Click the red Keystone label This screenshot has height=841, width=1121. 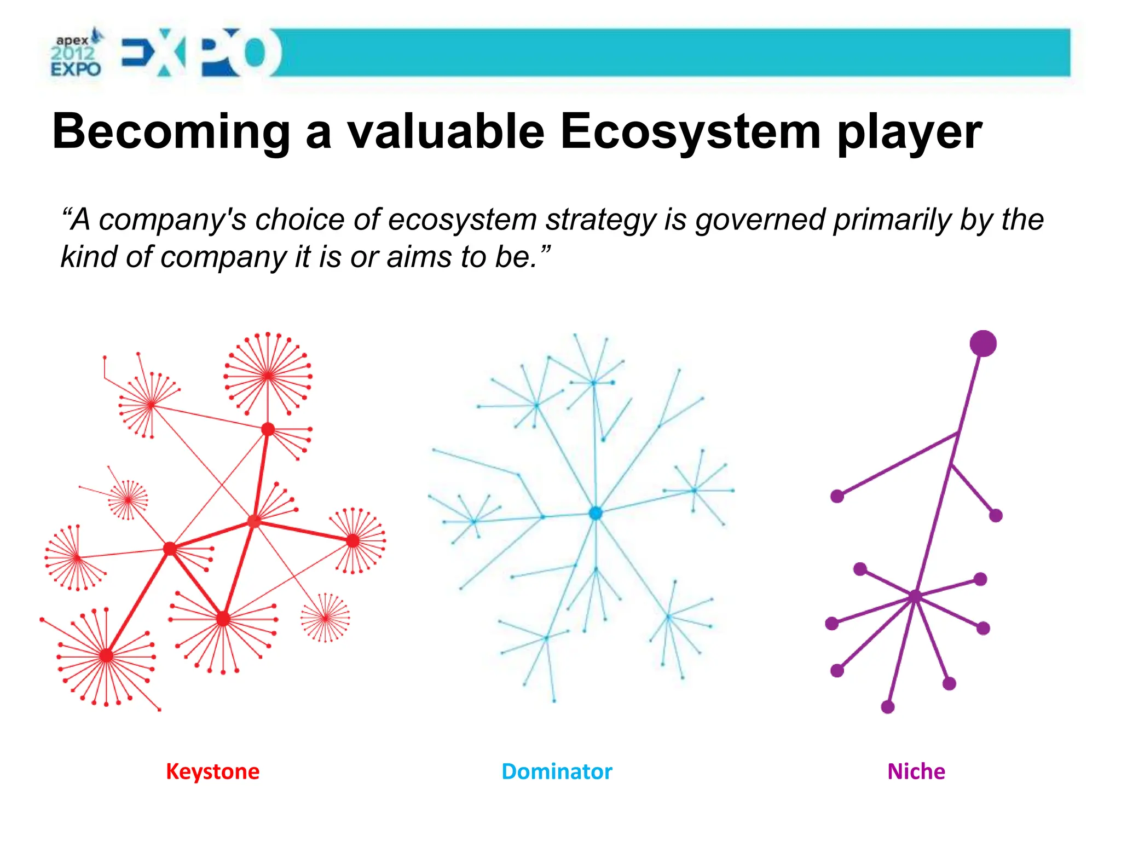tap(212, 771)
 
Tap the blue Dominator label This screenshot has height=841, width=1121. tap(557, 771)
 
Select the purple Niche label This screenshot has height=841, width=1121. tap(916, 771)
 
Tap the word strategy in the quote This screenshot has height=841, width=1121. tap(601, 220)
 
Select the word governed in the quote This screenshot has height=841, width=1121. tap(760, 220)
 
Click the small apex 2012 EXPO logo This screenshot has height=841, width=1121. tap(76, 54)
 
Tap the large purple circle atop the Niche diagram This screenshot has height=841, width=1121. tap(983, 343)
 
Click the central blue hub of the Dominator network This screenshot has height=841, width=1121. tap(596, 513)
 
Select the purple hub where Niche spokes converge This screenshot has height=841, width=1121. tap(915, 596)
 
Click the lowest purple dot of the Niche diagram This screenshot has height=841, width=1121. tap(887, 707)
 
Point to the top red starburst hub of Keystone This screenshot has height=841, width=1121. tap(268, 376)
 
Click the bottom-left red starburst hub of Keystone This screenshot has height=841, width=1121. tap(106, 655)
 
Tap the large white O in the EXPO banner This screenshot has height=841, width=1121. tap(255, 53)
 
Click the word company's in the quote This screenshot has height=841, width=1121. tap(172, 220)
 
